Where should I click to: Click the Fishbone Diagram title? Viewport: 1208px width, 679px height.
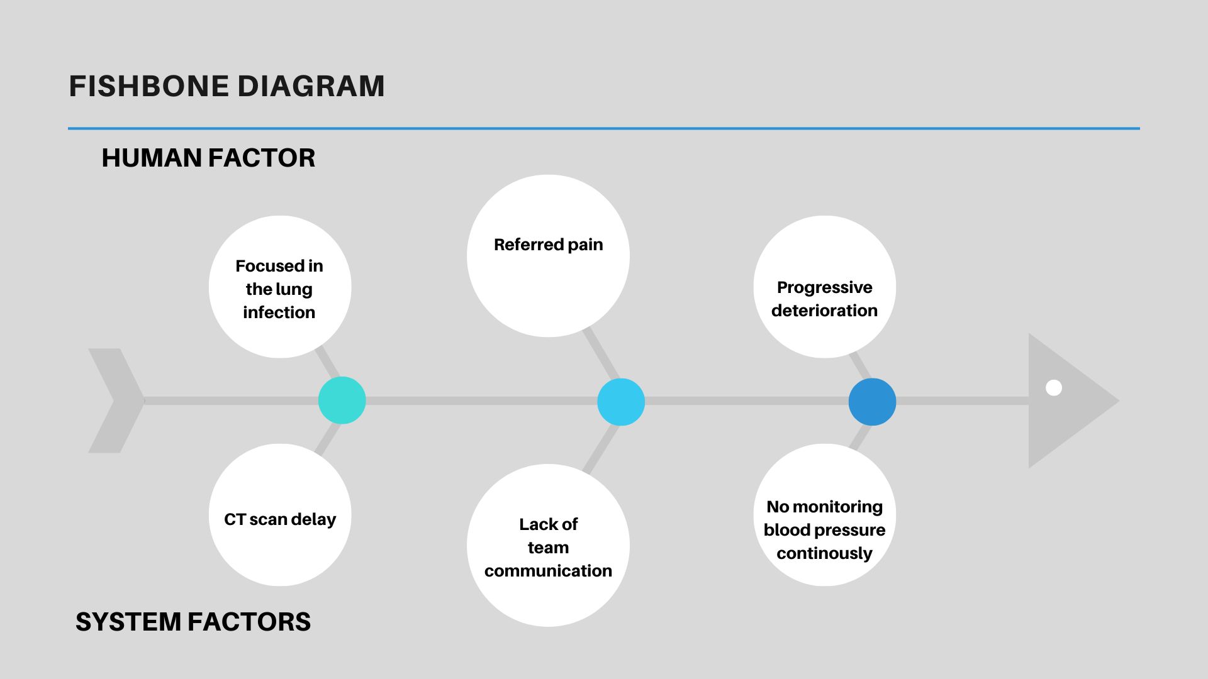click(x=226, y=86)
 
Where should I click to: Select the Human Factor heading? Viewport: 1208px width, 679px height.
click(x=208, y=158)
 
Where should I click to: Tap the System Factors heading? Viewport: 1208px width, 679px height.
click(x=193, y=622)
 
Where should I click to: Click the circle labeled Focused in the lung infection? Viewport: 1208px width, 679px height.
click(x=280, y=287)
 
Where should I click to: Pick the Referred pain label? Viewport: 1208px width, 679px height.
click(x=549, y=245)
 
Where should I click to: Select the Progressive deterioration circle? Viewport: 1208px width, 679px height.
click(x=825, y=287)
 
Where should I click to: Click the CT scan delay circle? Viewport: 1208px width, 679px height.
click(x=280, y=515)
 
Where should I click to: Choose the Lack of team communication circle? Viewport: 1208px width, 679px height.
click(x=549, y=545)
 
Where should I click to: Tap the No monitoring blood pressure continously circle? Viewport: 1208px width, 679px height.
click(x=825, y=515)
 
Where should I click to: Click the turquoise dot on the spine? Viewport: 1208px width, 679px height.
click(x=342, y=400)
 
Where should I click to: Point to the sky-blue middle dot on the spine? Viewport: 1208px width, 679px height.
click(x=621, y=402)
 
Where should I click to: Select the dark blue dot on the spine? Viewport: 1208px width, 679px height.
click(x=873, y=402)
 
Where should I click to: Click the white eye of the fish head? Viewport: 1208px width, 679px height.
click(x=1054, y=388)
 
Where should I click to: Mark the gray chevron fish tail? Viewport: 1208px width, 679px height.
click(x=116, y=400)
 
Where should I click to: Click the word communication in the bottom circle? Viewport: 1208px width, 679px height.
click(x=549, y=571)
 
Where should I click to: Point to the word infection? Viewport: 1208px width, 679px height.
click(x=279, y=312)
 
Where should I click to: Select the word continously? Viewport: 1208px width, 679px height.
click(x=825, y=554)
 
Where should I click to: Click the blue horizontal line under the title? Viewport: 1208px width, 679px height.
click(x=604, y=128)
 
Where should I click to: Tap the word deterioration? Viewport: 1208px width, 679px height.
click(x=825, y=311)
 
